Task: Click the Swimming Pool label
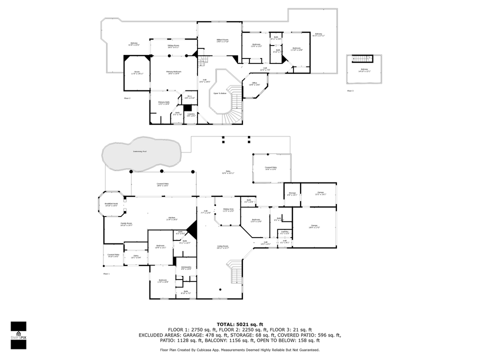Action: [140, 151]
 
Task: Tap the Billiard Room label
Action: [222, 40]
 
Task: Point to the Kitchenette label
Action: [186, 268]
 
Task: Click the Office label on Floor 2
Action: [254, 83]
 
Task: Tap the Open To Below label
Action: [220, 93]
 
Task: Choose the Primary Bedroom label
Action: [173, 72]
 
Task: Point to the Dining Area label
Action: [228, 210]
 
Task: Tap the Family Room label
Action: [126, 224]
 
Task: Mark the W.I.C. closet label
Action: [189, 96]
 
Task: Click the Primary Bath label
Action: [164, 103]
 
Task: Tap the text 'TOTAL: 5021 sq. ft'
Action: [239, 324]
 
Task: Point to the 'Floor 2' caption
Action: [127, 98]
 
